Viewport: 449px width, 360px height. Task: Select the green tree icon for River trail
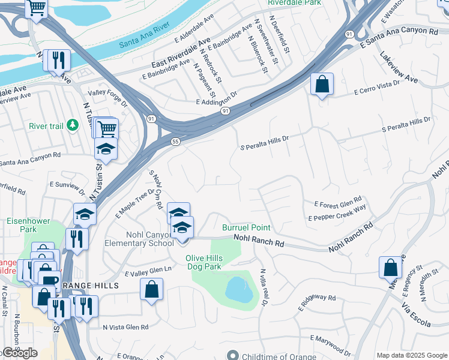[73, 125]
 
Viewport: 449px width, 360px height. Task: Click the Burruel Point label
[246, 227]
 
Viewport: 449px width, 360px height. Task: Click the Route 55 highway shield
[174, 141]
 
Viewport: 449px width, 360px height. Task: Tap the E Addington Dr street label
[217, 99]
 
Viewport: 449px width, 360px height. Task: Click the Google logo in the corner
[19, 353]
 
